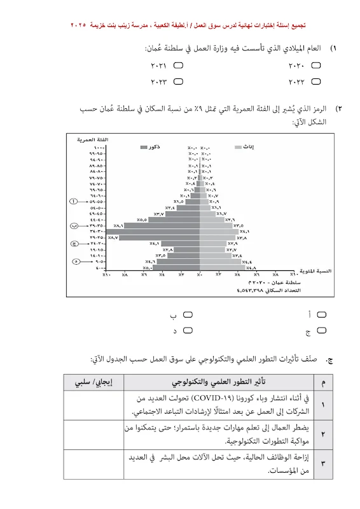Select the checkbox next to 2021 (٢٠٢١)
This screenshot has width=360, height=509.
tap(179, 65)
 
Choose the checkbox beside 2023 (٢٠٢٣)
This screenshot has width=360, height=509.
tap(179, 81)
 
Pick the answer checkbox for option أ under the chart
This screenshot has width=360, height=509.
tap(321, 314)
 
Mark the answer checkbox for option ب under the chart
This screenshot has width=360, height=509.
tap(188, 314)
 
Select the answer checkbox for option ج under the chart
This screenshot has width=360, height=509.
tap(321, 330)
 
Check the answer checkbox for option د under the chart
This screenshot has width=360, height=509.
tap(188, 330)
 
